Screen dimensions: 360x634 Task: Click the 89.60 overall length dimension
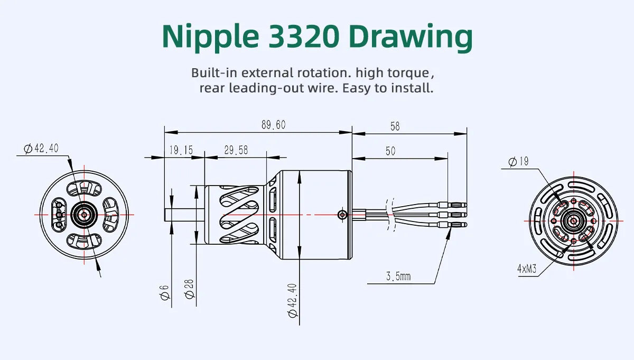273,125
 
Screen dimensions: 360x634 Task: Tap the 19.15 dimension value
181,151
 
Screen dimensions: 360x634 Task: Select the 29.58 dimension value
236,151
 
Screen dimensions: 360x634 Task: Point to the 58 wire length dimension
395,126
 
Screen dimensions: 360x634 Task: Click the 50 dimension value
390,151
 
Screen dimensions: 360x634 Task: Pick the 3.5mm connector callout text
398,276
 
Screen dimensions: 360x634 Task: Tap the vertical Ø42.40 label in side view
293,300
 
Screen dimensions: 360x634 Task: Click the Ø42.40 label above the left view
41,149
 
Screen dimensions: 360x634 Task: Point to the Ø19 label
518,161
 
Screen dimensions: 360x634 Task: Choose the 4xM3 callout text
527,269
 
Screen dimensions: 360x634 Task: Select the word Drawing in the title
411,37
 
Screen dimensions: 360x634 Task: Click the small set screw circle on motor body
342,214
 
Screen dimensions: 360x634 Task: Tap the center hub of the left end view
83,214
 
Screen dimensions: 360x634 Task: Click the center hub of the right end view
573,220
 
